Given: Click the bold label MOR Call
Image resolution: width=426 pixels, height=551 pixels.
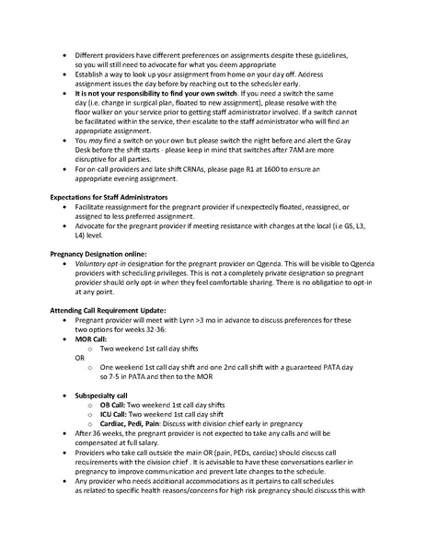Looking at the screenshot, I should click(x=91, y=365).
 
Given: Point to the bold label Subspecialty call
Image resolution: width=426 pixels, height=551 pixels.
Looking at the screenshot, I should click(x=105, y=419).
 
